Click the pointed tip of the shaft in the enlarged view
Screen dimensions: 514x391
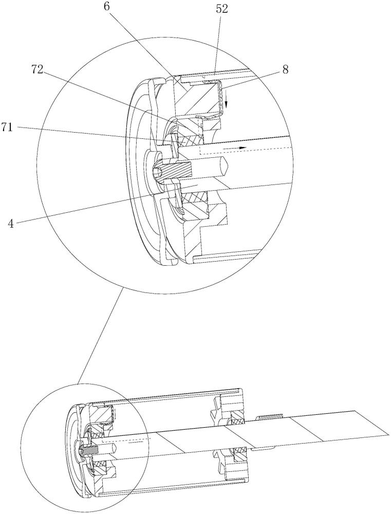(227, 164)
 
